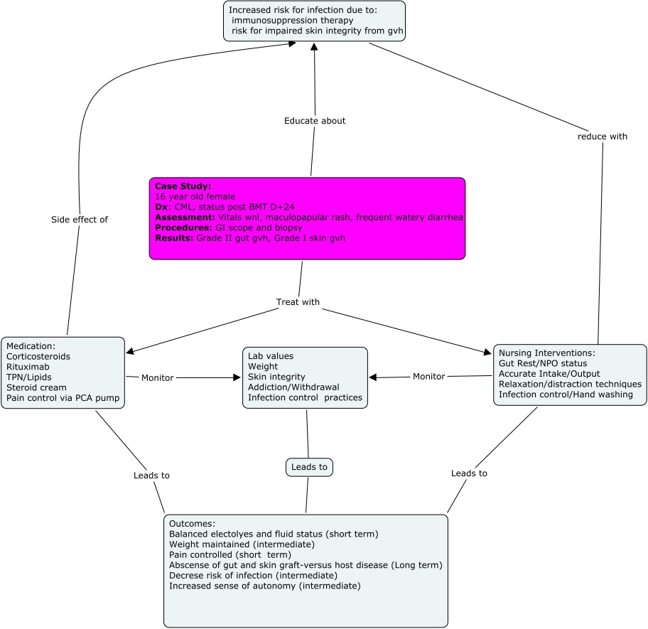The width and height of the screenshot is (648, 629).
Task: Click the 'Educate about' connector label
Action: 315,121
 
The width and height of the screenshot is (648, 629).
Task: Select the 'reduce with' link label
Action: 603,136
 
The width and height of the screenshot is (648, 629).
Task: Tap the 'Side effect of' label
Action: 80,220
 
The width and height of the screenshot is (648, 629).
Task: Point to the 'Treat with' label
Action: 298,302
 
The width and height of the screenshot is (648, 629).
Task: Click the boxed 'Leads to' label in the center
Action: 309,467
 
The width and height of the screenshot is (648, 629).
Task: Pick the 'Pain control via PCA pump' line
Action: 63,398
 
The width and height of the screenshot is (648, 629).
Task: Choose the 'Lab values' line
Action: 271,356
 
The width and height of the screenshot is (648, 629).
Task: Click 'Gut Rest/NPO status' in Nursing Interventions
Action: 543,363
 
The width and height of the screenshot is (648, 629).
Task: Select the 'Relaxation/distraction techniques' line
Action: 570,384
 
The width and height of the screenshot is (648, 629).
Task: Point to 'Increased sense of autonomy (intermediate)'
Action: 265,586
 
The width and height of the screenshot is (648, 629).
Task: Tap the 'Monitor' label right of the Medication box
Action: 157,377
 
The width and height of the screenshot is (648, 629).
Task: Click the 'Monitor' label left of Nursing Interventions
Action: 428,376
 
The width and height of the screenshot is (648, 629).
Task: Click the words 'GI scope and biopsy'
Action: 258,227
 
